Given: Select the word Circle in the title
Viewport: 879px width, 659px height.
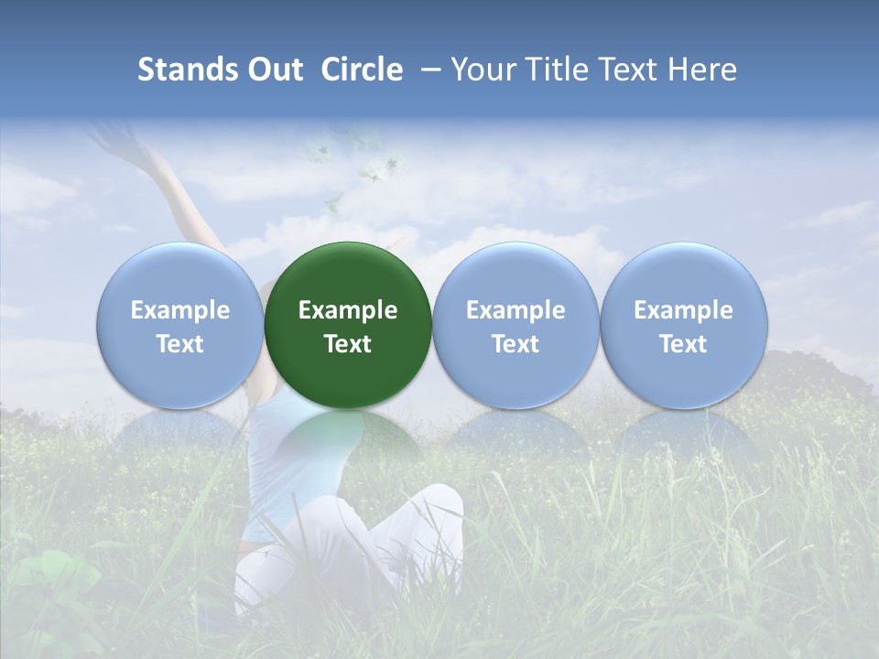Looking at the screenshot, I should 362,70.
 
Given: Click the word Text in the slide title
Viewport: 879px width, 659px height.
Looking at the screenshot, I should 628,70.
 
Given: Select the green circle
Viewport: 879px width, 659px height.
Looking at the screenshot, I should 348,275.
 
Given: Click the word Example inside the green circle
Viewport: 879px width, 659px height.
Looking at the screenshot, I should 348,310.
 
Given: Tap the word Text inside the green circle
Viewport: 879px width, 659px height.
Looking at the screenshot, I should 348,344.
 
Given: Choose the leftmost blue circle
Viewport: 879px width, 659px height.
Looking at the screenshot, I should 180,275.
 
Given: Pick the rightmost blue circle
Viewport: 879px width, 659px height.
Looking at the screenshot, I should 684,275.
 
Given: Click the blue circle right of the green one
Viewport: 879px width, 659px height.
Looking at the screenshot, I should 515,275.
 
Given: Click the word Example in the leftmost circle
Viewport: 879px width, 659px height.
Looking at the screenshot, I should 180,310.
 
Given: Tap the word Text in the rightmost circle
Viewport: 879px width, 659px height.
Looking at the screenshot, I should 684,344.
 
